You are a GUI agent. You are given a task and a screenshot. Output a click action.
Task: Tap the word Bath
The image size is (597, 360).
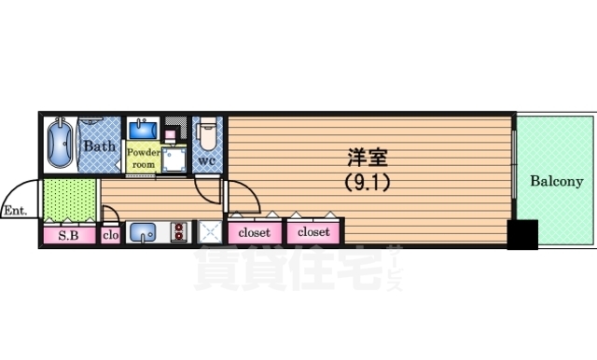(x=99, y=146)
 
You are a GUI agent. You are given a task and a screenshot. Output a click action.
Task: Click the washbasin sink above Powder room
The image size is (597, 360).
(x=143, y=128)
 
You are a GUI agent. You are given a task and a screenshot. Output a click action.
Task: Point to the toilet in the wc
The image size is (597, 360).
(x=207, y=133)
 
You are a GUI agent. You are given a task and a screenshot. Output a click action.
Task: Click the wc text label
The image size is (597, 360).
(x=206, y=160)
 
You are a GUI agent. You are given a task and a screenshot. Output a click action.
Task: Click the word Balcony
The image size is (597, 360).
(x=557, y=182)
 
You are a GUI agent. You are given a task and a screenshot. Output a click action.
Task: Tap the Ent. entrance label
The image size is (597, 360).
(x=14, y=210)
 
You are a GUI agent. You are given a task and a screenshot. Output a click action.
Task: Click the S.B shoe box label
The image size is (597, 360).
(x=69, y=235)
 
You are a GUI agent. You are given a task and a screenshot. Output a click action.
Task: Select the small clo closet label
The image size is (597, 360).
(x=110, y=235)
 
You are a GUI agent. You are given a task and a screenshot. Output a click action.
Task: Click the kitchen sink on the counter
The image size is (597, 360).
(x=143, y=233)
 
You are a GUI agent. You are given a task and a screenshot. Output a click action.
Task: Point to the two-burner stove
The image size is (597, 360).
(x=178, y=233)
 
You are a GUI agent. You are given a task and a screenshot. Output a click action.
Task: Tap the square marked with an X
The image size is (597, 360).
(x=208, y=233)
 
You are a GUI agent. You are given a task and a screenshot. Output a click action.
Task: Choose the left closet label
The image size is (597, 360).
(x=255, y=232)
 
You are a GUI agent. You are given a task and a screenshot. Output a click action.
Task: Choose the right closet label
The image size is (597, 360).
(x=313, y=232)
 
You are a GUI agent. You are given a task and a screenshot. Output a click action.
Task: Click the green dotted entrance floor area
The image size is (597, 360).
(x=70, y=198)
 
